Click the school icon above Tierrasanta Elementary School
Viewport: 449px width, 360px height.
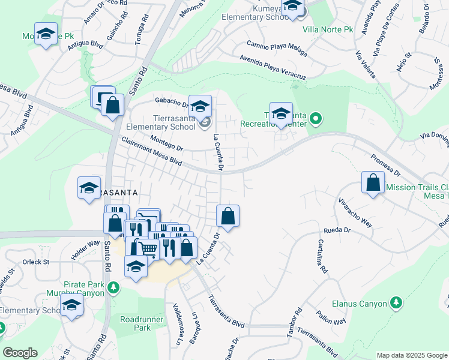(200, 106)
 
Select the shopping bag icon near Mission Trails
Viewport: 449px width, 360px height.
(373, 182)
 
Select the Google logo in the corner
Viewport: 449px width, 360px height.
(20, 353)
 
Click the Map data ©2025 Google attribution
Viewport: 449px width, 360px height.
(411, 355)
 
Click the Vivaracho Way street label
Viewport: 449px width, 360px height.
(355, 212)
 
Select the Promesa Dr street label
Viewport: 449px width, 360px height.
(385, 165)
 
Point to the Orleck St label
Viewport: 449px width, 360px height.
(37, 262)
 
